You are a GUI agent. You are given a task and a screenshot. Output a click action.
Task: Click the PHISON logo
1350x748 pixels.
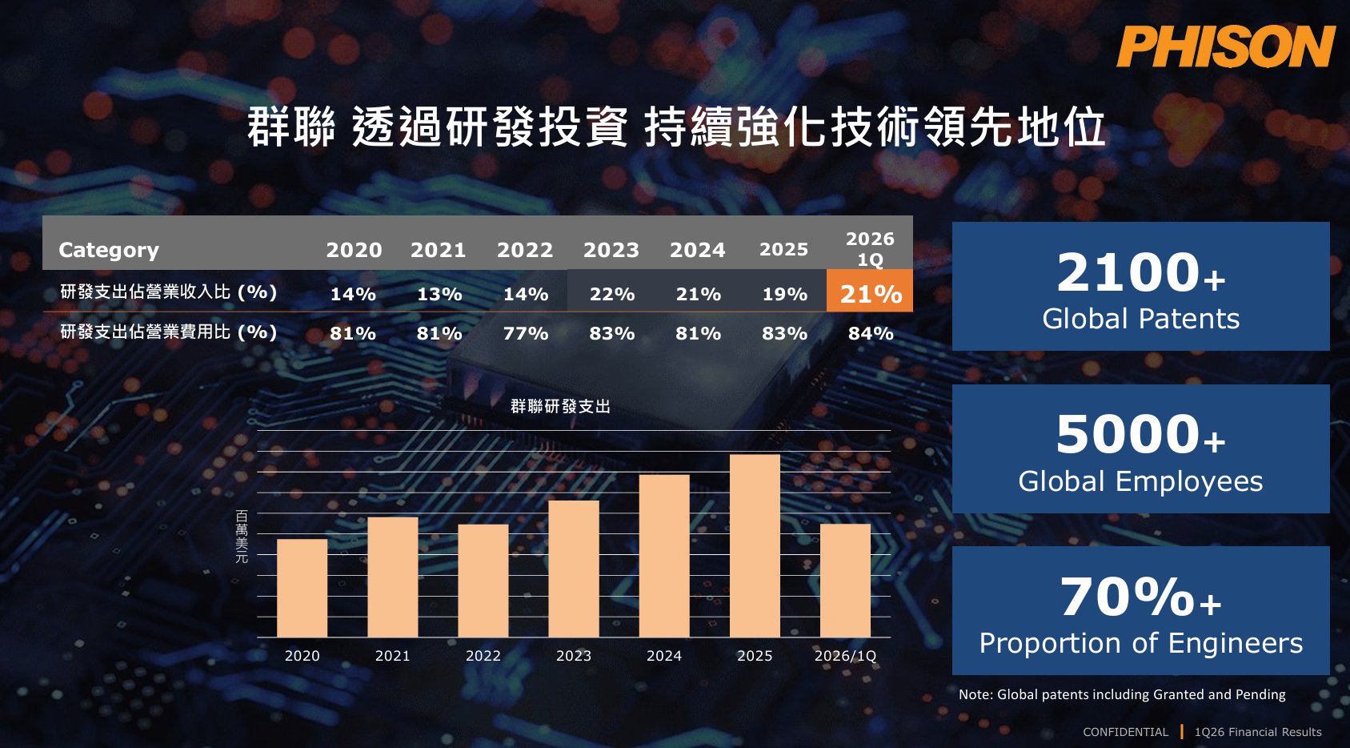[x=1226, y=46]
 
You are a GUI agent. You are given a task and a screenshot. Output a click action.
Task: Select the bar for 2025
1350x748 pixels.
[x=755, y=545]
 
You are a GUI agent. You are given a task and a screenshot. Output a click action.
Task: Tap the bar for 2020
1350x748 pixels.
[x=302, y=588]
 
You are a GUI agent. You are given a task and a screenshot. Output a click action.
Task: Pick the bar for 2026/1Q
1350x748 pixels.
[x=845, y=581]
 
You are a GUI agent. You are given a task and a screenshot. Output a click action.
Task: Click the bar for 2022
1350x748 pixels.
[x=483, y=581]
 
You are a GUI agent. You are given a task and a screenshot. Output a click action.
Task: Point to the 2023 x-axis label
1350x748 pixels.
[x=574, y=656]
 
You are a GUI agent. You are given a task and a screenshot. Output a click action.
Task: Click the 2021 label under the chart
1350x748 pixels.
[x=392, y=656]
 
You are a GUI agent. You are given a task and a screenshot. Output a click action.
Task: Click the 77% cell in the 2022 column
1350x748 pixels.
[x=526, y=333]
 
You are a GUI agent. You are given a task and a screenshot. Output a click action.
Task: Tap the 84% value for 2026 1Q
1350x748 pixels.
[x=871, y=333]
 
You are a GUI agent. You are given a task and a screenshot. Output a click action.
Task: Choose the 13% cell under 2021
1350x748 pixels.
[x=439, y=294]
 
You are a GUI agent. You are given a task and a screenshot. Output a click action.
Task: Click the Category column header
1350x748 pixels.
[x=109, y=250]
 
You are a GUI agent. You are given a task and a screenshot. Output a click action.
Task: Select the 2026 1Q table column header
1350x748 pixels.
[x=870, y=249]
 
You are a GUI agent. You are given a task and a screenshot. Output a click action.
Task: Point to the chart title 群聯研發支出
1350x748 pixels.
[x=560, y=407]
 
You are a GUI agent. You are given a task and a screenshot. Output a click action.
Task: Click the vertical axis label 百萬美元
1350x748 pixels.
[x=242, y=537]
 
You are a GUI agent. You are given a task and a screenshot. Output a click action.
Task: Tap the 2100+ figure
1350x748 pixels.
[x=1141, y=272]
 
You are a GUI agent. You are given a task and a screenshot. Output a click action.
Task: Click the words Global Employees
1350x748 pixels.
[x=1140, y=481]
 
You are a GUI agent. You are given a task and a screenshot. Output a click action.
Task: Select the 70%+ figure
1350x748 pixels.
[x=1141, y=597]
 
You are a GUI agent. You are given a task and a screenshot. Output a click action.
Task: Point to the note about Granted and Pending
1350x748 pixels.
[x=1122, y=694]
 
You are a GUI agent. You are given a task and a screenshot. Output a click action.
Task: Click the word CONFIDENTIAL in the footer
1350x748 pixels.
[x=1125, y=732]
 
